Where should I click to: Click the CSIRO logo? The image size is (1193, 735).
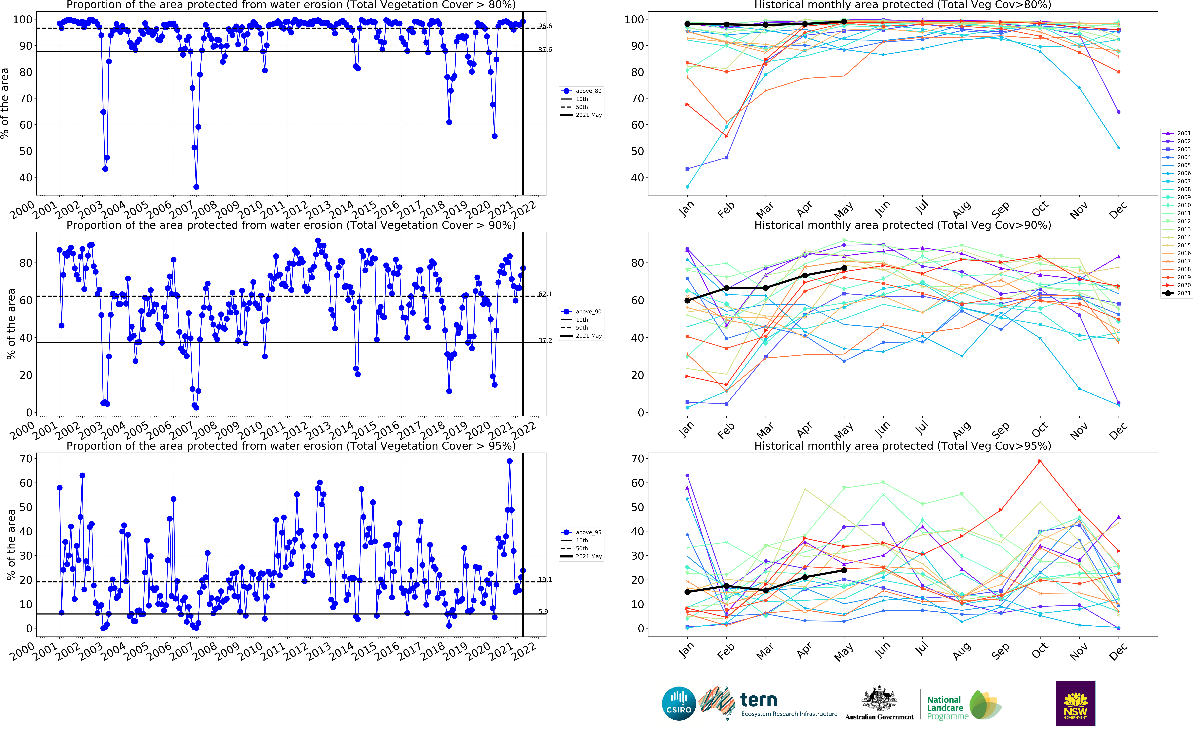pos(679,703)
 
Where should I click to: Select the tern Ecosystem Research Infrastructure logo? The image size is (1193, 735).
pos(768,703)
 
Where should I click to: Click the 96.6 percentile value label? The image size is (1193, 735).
pos(545,26)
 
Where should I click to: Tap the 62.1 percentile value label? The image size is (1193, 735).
pos(545,294)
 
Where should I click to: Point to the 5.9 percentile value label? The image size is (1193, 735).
pos(543,612)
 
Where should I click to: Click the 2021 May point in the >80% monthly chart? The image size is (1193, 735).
pos(844,22)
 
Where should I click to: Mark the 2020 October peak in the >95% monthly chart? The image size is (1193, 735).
pos(1040,461)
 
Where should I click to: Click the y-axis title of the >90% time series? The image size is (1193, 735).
pos(11,324)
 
